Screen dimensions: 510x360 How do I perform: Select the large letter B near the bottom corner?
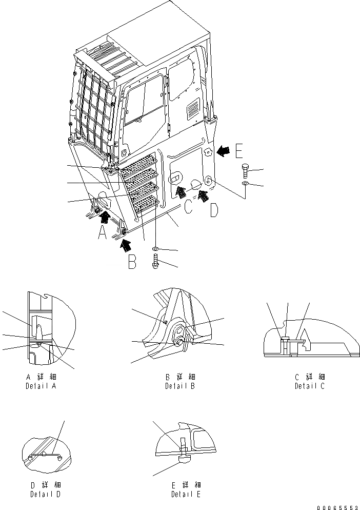tap(132, 262)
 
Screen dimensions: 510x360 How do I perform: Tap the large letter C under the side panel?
tap(189, 208)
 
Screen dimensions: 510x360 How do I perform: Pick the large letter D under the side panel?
tap(215, 210)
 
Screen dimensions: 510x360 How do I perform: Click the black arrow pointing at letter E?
tap(222, 150)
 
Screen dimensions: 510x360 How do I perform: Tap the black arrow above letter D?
tap(204, 194)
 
